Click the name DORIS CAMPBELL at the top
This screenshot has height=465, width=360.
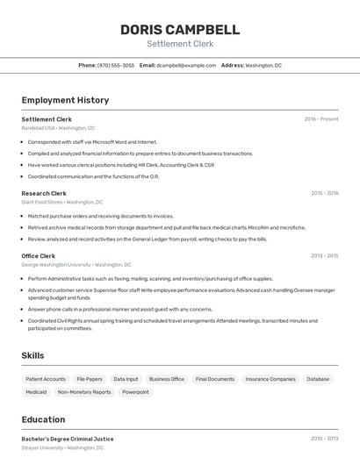[x=180, y=29]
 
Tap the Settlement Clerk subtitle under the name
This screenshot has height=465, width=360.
[x=180, y=44]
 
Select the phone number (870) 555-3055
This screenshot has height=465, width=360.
[x=116, y=65]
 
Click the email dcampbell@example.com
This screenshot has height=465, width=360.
[x=186, y=65]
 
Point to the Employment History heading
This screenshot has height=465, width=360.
[x=65, y=100]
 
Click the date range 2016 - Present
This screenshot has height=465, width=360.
[x=321, y=119]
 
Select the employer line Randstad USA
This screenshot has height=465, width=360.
[x=58, y=127]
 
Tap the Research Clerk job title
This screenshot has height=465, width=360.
[x=44, y=193]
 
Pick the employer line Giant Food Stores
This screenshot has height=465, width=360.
[x=61, y=202]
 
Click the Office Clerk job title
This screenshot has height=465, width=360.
[x=39, y=256]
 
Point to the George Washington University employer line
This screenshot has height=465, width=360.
[x=76, y=264]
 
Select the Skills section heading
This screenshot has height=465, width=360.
[x=33, y=355]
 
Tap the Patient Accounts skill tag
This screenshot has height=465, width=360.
[x=46, y=379]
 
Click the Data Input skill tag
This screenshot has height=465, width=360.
[x=126, y=379]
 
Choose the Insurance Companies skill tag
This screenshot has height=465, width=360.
[x=270, y=379]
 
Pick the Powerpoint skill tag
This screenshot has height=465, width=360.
[x=135, y=392]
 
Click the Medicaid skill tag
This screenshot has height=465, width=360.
[x=36, y=392]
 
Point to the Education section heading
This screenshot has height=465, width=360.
[x=43, y=419]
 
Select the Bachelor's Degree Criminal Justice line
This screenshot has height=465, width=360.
[x=68, y=439]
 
